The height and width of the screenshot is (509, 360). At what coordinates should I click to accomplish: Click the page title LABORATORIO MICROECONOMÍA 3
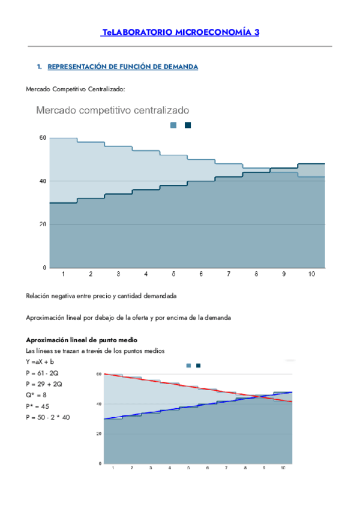point(181,33)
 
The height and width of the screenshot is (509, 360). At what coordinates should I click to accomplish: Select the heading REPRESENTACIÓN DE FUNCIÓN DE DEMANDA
point(122,67)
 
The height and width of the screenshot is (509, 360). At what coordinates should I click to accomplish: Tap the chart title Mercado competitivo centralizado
point(113,110)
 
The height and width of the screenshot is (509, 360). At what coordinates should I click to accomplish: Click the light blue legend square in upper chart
point(173,125)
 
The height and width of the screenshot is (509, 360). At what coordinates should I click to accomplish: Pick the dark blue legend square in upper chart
point(188,125)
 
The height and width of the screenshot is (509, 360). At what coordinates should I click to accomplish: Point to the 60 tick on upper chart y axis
point(43,138)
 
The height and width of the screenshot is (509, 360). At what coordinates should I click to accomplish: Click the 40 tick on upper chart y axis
point(43,181)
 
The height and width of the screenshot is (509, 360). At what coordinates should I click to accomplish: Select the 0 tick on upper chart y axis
point(44,268)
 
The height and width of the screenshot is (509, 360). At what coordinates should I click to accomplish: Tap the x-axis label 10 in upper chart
point(311,274)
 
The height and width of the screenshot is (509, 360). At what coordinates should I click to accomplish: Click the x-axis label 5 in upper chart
point(173,274)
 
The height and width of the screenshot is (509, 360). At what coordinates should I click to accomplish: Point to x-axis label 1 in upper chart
point(63,274)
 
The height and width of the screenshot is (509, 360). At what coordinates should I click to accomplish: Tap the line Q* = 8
point(37,394)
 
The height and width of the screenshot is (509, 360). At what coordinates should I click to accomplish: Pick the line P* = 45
point(38,405)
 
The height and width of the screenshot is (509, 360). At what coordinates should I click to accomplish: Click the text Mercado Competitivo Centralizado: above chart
point(76,89)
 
